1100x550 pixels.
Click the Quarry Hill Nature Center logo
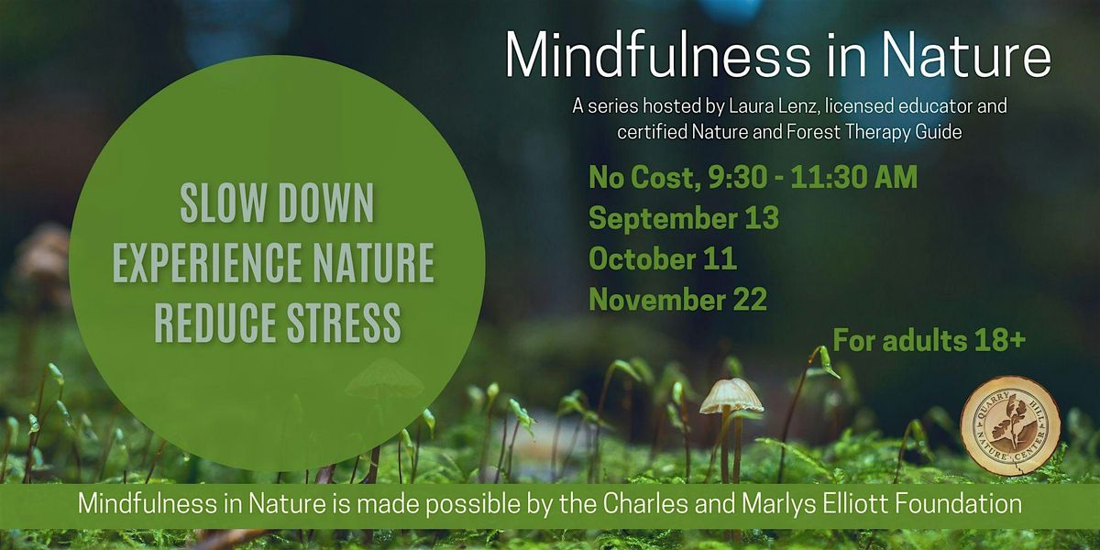point(1010,425)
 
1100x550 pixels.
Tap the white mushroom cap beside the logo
point(731,396)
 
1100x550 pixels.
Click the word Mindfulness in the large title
point(658,54)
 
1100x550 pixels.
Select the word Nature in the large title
point(965,54)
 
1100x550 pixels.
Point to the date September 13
point(684,218)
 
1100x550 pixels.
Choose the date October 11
point(663,258)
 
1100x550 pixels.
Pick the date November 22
point(677,299)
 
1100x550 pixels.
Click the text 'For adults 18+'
point(929,340)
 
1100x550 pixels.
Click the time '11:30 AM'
point(854,177)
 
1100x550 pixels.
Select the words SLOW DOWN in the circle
point(277,203)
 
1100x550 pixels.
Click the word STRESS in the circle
point(344,322)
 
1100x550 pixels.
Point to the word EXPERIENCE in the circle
point(207,263)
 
